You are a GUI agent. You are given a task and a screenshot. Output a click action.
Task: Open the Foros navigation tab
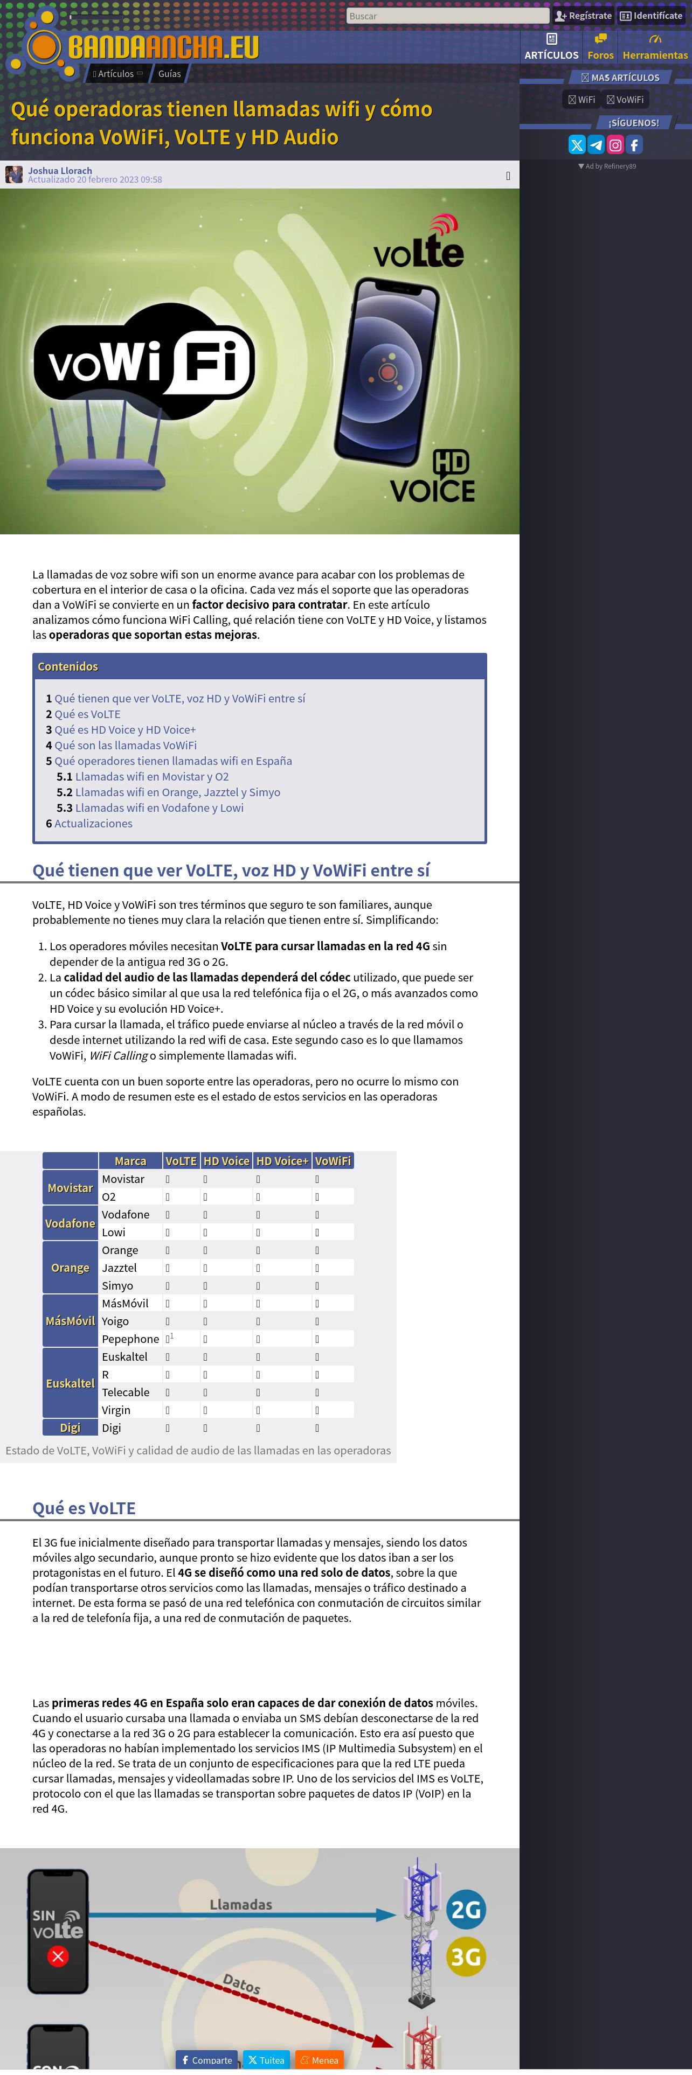600,47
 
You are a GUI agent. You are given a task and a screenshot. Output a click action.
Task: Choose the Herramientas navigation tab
655,47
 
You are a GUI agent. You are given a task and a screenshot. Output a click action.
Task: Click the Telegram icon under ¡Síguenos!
596,145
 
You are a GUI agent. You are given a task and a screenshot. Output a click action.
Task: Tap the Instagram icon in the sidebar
615,145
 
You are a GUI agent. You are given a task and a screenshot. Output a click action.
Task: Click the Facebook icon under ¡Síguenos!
635,145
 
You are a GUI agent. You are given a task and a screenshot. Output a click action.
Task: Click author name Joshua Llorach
60,171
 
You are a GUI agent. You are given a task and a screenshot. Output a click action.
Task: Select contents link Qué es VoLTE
87,714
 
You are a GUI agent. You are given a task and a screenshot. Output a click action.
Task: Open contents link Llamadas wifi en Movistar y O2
151,777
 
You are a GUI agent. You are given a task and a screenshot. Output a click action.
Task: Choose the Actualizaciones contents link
93,823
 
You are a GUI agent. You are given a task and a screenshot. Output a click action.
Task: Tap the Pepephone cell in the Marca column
130,1339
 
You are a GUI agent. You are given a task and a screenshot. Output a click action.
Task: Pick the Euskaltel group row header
70,1383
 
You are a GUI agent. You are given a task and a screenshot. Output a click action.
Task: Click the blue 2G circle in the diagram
466,1909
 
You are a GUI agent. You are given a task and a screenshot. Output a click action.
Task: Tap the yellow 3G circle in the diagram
466,1956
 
